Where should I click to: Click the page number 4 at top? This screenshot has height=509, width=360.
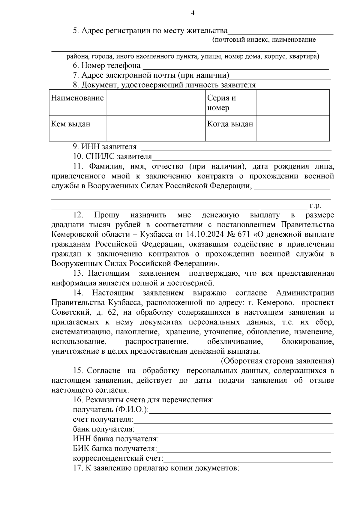point(193,13)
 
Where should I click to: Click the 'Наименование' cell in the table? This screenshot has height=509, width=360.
point(77,98)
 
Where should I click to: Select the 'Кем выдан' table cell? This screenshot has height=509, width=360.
point(71,124)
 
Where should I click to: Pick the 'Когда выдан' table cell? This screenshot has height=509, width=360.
point(230,124)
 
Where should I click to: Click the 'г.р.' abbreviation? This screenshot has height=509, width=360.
point(315,206)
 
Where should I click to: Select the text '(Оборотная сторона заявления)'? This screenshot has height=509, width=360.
point(278,361)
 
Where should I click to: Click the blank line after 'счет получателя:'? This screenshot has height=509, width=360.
point(233,421)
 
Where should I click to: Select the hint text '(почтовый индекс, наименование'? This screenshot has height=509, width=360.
point(264,40)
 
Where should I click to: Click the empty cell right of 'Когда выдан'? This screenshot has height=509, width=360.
point(293,128)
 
